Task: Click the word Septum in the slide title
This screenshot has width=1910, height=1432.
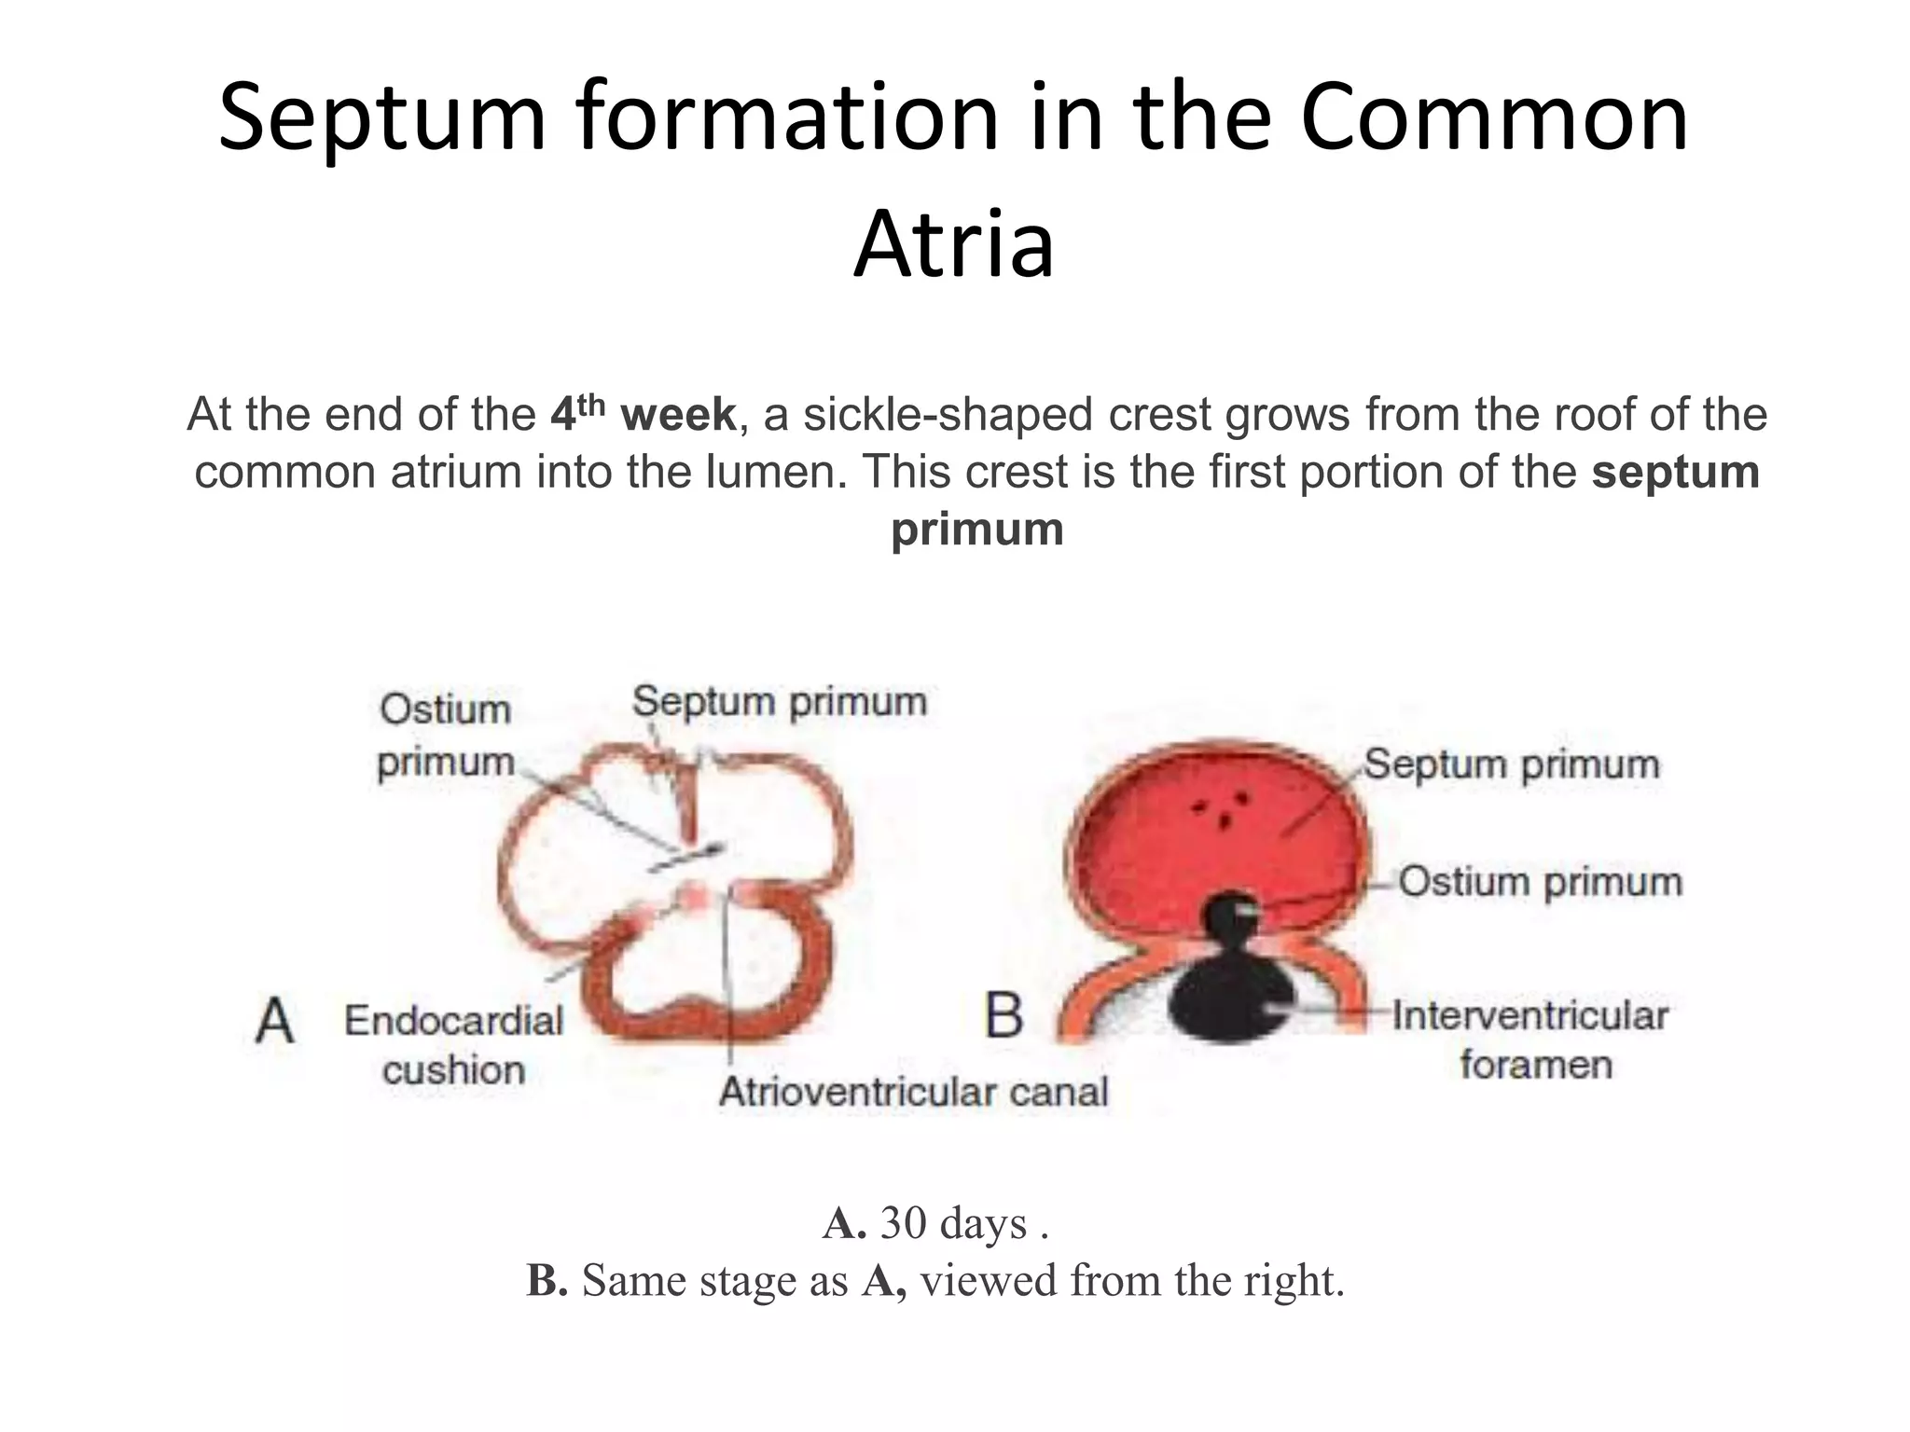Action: (381, 118)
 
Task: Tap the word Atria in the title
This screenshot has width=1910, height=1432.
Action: (953, 245)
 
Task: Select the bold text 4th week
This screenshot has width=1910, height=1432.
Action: (643, 415)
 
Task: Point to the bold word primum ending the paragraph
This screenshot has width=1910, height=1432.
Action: (976, 530)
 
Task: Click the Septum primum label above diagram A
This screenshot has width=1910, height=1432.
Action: (780, 701)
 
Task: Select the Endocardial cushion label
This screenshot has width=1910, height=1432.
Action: (454, 1045)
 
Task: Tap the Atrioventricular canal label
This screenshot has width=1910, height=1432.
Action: (913, 1092)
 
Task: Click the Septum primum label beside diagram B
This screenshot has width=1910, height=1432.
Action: (1512, 764)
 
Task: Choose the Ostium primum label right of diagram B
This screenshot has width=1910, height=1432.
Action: (1540, 882)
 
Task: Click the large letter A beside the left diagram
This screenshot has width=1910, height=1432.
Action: (275, 1020)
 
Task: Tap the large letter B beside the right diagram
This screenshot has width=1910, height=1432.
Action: (1003, 1015)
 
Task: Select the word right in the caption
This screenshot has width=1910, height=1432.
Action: (1293, 1281)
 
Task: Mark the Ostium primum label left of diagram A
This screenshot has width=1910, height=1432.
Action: (446, 736)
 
